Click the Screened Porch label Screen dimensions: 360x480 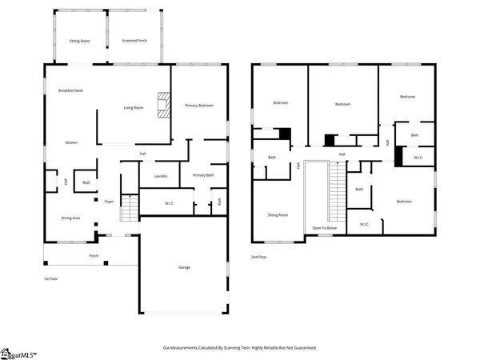click(x=133, y=39)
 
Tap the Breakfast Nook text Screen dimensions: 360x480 click(x=70, y=90)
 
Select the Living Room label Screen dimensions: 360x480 click(x=133, y=108)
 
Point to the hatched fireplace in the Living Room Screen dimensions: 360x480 click(x=163, y=106)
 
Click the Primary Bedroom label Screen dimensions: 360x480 click(x=200, y=105)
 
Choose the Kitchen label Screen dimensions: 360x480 click(x=71, y=142)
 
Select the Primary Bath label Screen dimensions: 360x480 click(x=203, y=175)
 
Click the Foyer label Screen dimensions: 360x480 click(x=109, y=191)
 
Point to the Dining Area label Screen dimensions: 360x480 click(x=71, y=218)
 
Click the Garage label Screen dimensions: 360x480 click(x=184, y=268)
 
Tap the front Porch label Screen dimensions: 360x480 click(x=94, y=257)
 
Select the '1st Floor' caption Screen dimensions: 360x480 click(x=53, y=278)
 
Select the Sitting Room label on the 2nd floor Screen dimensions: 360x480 click(x=277, y=215)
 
